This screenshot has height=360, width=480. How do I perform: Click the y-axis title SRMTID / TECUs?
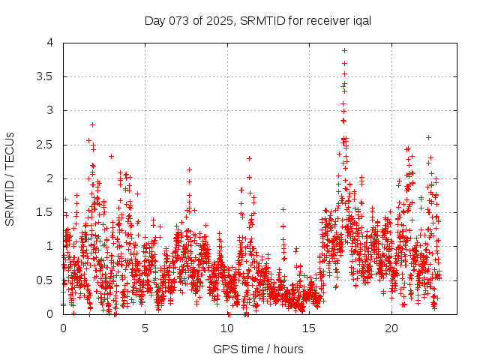(10, 178)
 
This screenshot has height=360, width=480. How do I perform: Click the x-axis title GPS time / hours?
(258, 349)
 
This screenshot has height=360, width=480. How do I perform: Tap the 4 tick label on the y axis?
(49, 43)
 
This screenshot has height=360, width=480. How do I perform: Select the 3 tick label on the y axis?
(49, 110)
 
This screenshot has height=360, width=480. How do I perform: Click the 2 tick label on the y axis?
(49, 178)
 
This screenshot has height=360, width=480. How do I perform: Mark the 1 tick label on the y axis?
(49, 246)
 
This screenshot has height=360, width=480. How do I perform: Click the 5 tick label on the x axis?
(145, 328)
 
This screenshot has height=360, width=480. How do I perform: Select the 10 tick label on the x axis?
(227, 328)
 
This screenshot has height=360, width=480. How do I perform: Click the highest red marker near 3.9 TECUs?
(344, 50)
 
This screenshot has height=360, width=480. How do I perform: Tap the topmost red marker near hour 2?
(92, 124)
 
